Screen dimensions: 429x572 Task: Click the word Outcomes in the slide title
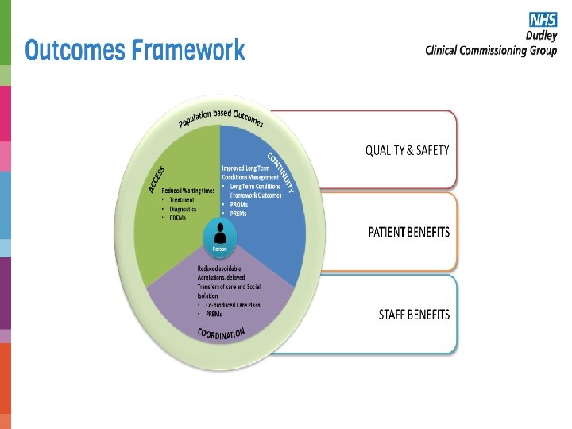click(x=75, y=51)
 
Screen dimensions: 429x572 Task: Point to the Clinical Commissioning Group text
click(x=491, y=50)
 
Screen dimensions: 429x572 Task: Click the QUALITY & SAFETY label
click(x=407, y=150)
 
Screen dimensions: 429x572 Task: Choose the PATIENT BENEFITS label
click(x=408, y=233)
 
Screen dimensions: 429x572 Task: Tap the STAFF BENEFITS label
click(x=413, y=315)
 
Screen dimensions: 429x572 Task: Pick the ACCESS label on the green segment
click(x=157, y=179)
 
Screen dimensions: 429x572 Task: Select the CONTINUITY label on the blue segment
click(x=283, y=172)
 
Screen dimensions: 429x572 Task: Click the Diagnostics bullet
click(x=184, y=209)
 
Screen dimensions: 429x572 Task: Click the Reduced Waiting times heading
click(x=188, y=191)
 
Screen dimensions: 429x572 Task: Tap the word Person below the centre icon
click(x=219, y=249)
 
